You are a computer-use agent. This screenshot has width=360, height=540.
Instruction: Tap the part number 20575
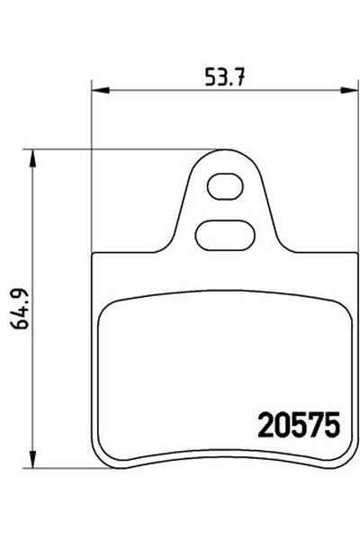(298, 423)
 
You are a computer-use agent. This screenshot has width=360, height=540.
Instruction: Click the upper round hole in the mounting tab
(223, 187)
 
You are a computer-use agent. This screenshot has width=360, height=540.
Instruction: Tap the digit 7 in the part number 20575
(316, 423)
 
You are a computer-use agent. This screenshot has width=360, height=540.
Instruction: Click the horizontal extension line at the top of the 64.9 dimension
(126, 150)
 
